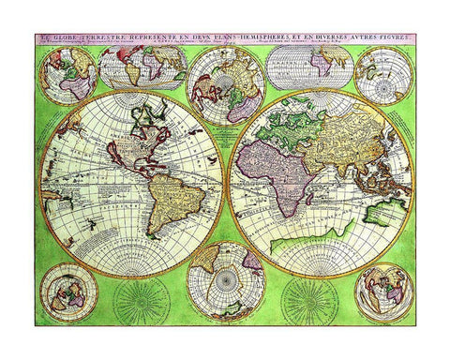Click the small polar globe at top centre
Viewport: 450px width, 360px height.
[225, 83]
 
